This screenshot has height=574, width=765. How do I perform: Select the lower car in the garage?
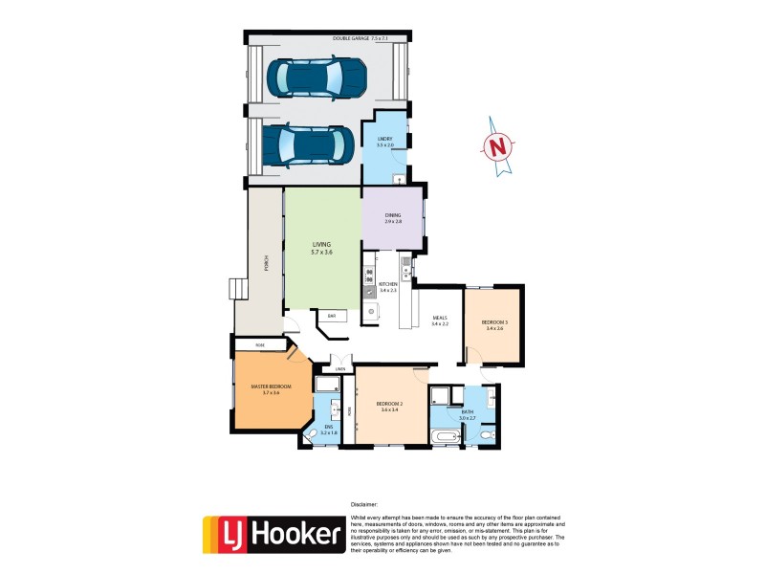(x=314, y=145)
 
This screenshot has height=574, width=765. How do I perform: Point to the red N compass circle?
(x=497, y=147)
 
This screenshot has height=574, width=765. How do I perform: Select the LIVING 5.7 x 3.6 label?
(x=321, y=248)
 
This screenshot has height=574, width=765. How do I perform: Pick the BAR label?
(x=331, y=315)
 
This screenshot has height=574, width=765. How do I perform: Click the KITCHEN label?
(x=387, y=286)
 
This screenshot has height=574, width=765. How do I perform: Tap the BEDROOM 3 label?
(x=493, y=324)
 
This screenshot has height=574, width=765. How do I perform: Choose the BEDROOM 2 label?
(x=388, y=406)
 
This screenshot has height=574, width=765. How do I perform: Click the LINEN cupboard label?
(x=339, y=367)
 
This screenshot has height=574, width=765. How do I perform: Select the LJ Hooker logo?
(x=273, y=534)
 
